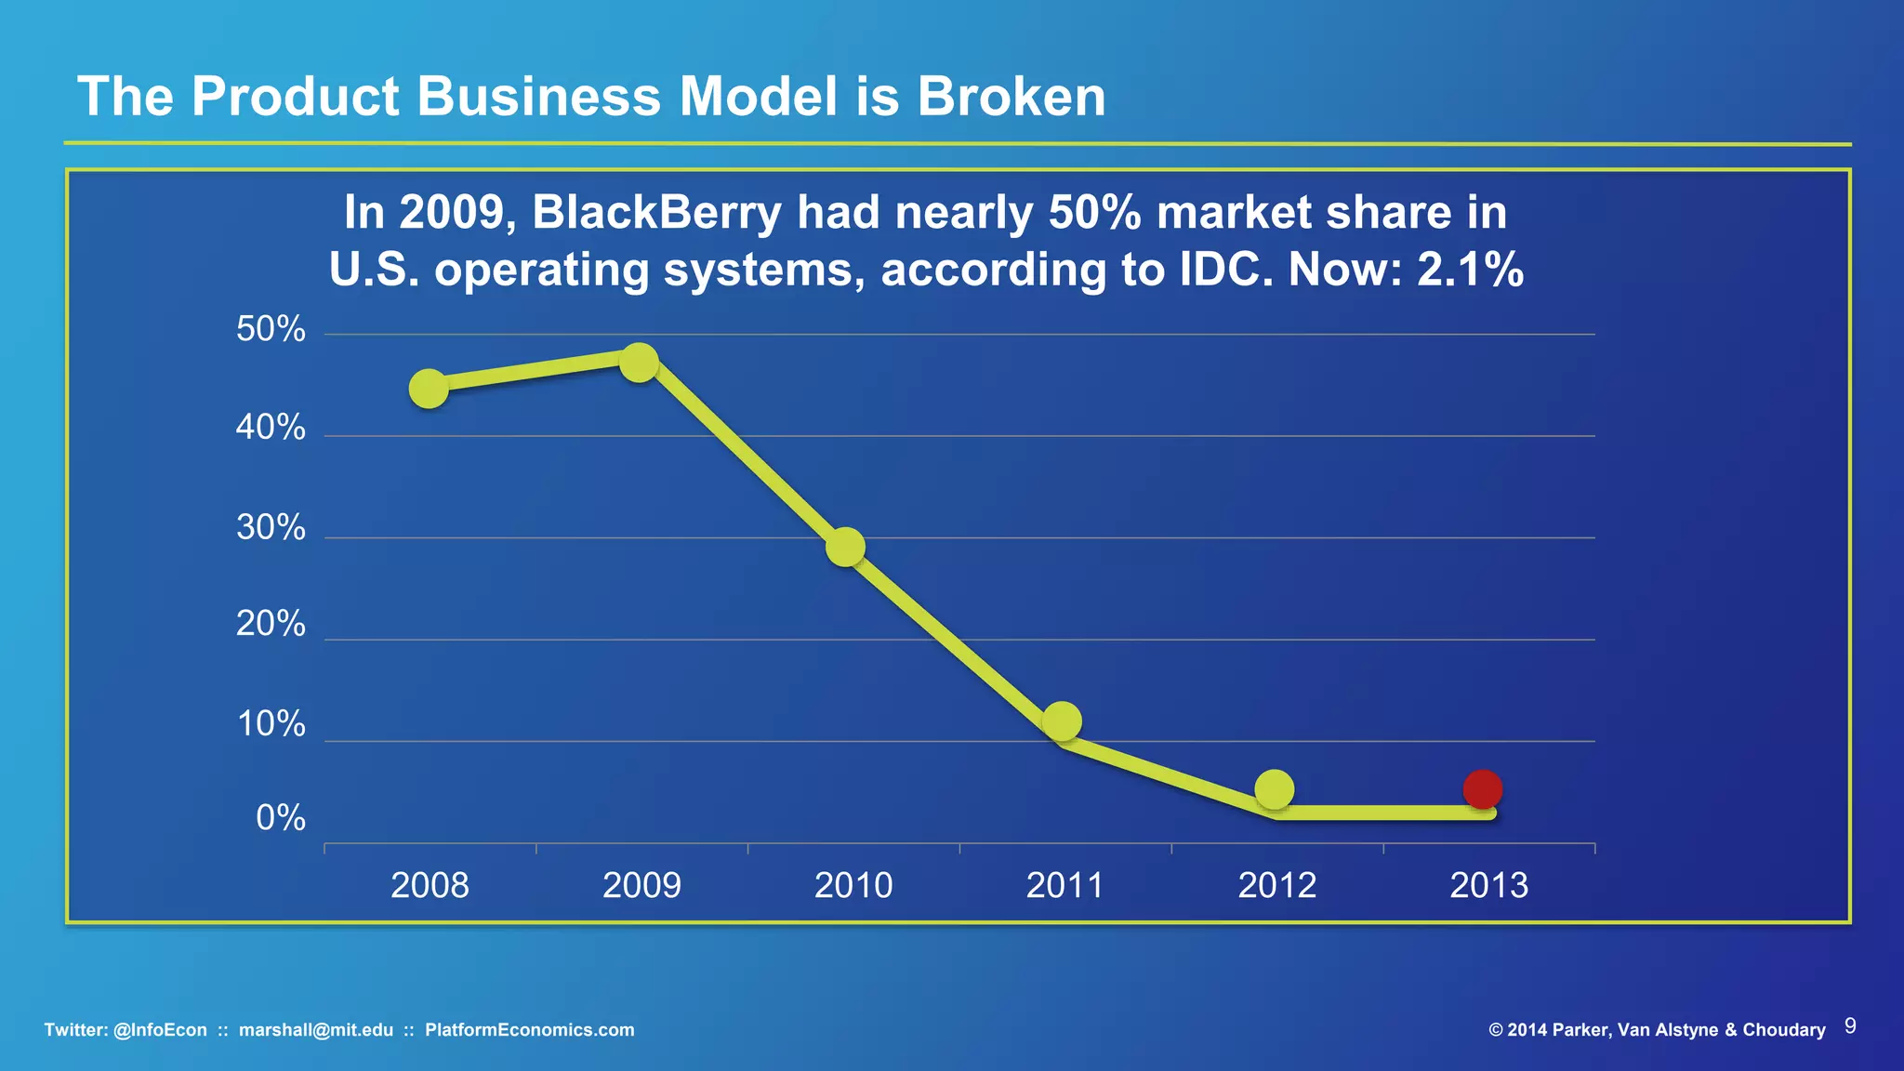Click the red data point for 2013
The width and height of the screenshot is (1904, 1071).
(x=1482, y=789)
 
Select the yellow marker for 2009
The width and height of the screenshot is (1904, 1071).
(x=639, y=363)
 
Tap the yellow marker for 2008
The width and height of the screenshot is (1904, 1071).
(x=429, y=389)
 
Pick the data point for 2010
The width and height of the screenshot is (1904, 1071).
(x=845, y=547)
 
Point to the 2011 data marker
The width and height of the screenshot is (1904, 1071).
(x=1062, y=721)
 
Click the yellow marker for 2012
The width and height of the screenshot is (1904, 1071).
(x=1274, y=789)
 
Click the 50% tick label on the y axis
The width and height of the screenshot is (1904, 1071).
(x=271, y=329)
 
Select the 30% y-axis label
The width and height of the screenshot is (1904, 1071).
(x=271, y=527)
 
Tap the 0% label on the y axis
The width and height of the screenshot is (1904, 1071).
(x=280, y=817)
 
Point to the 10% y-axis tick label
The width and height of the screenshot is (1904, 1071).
(x=271, y=723)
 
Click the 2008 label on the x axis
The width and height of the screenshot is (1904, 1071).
(x=430, y=885)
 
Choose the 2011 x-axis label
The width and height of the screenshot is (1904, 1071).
(x=1064, y=885)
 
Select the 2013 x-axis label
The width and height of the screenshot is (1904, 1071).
(x=1488, y=885)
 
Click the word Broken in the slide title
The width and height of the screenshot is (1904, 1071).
(x=1011, y=96)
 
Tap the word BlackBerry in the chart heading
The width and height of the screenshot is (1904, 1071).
(x=657, y=212)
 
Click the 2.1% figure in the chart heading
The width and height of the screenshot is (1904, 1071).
(x=1470, y=270)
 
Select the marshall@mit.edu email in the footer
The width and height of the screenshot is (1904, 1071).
(x=316, y=1030)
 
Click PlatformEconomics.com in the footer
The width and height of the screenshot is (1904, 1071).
(x=529, y=1030)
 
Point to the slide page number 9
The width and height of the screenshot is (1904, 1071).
(x=1850, y=1025)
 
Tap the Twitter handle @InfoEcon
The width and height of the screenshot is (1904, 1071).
(x=160, y=1030)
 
